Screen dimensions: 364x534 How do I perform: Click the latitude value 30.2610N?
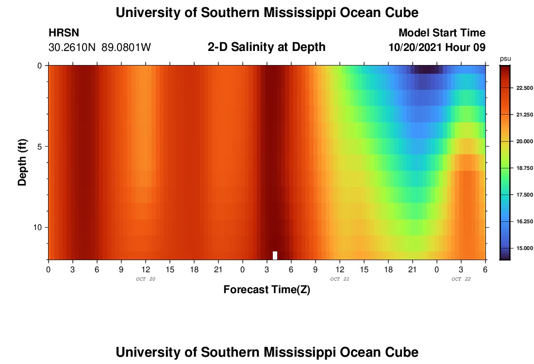[72, 48]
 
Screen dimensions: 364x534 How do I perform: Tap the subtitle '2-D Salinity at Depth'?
[267, 47]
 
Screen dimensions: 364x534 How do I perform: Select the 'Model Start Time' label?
[442, 33]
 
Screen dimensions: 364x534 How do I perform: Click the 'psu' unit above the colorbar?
[505, 58]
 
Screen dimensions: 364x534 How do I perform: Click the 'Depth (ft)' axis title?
[22, 162]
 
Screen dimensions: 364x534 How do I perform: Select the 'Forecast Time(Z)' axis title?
[267, 290]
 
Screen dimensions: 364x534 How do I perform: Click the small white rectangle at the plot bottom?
[275, 255]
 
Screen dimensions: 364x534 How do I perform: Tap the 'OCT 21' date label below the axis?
[340, 279]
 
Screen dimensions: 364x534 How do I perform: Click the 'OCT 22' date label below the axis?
[461, 279]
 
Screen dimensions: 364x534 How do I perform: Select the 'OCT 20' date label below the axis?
[146, 279]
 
